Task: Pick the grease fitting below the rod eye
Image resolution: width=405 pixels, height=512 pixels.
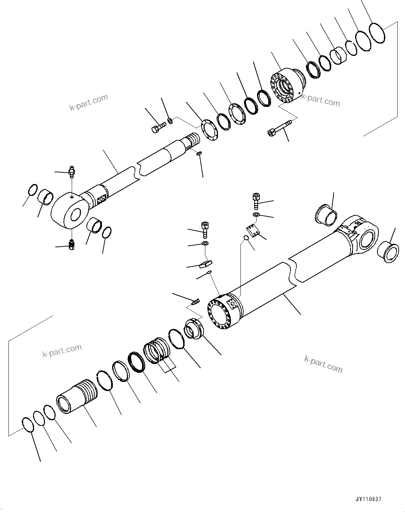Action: (x=72, y=244)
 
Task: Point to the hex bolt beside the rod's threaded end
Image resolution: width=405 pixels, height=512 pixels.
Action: (x=159, y=127)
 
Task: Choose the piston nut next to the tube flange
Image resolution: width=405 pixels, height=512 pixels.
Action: (x=193, y=328)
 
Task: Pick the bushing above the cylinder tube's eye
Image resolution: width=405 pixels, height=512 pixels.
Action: (x=325, y=215)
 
